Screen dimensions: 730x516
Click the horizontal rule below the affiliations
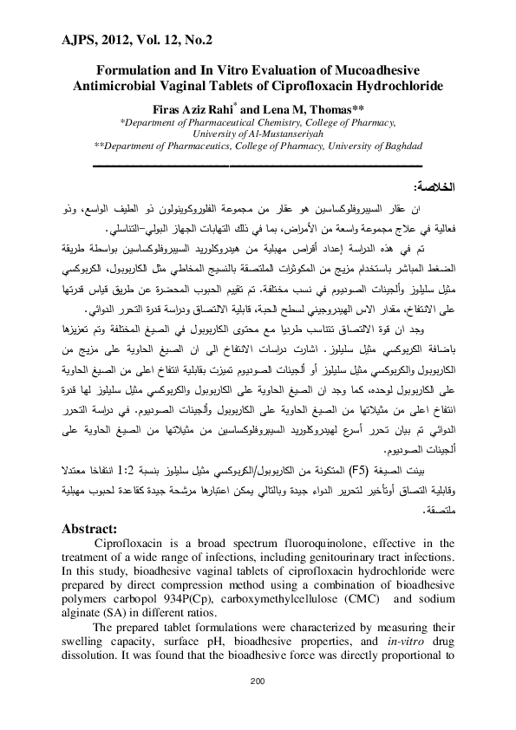[258, 165]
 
